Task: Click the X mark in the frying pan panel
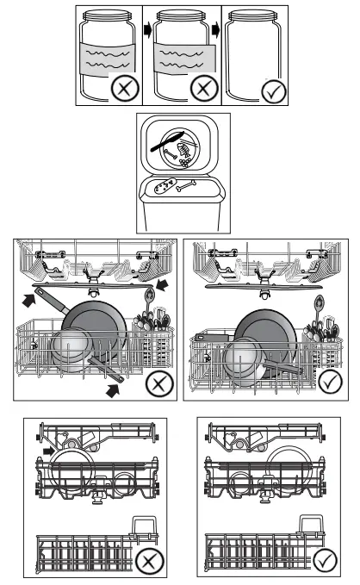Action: (158, 383)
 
